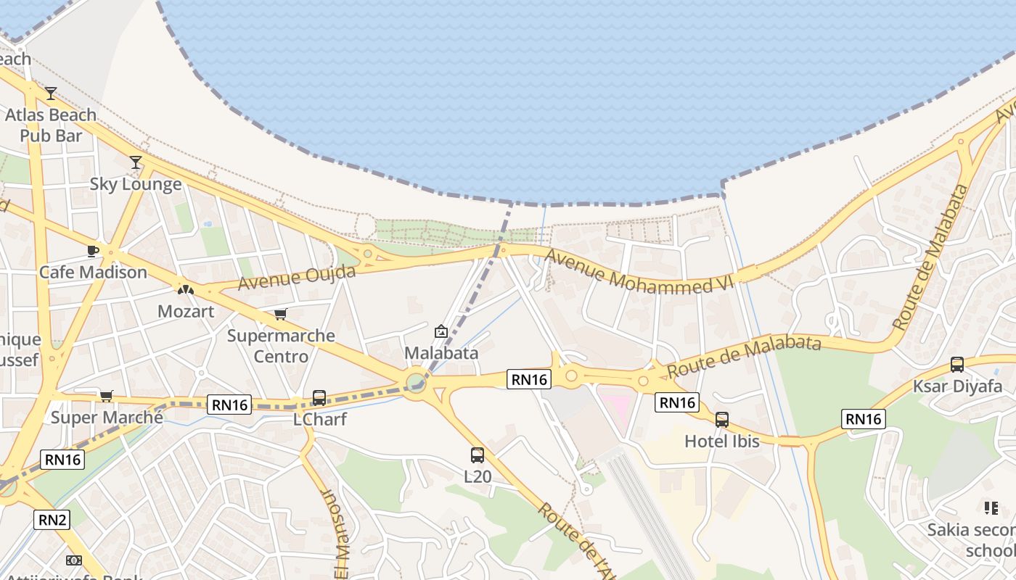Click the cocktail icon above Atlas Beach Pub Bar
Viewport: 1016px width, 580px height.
[x=51, y=94]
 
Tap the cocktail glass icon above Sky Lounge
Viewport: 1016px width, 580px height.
[x=136, y=162]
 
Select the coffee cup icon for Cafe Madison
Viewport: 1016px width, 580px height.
[x=93, y=251]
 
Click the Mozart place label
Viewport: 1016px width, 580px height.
[x=186, y=311]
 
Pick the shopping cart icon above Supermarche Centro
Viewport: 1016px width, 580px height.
[x=280, y=315]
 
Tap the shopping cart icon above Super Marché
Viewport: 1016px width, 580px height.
[x=107, y=396]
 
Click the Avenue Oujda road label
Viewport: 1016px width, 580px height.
[x=297, y=277]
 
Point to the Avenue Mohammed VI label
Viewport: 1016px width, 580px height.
[x=639, y=272]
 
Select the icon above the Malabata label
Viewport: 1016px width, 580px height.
[x=441, y=331]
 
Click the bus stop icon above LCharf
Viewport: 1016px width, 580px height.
[x=319, y=398]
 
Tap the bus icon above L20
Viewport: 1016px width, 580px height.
[x=478, y=455]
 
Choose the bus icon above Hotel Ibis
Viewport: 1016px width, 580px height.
[x=722, y=420]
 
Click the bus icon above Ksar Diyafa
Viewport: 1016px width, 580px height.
[x=957, y=365]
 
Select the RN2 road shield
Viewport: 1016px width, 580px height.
[x=52, y=519]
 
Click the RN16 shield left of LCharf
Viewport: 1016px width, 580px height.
[x=231, y=405]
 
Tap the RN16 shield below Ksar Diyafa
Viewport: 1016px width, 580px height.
[x=864, y=418]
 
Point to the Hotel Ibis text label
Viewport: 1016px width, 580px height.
[x=722, y=441]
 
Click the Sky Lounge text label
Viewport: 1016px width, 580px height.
[x=136, y=184]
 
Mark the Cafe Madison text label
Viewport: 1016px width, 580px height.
[x=93, y=273]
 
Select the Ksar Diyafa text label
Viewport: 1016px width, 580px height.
[x=957, y=386]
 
